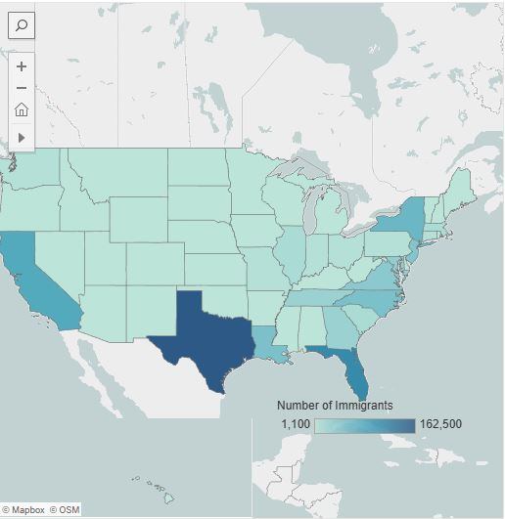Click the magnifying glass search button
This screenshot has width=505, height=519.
(22, 25)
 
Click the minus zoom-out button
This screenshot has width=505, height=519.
(22, 88)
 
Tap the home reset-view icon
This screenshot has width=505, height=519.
(22, 109)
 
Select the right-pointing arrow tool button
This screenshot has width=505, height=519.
(22, 138)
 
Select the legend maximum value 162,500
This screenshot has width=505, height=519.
(440, 424)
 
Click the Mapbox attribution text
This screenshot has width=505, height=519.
(27, 510)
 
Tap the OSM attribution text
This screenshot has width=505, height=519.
(69, 510)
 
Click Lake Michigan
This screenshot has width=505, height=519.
(309, 210)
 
